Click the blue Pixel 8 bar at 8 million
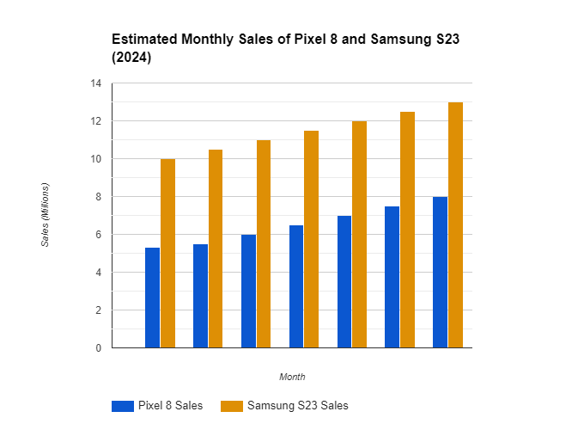[441, 272]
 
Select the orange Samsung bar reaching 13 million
[456, 224]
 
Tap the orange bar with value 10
[167, 253]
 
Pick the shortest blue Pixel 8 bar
[152, 298]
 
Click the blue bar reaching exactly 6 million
[248, 291]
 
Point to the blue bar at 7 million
[344, 281]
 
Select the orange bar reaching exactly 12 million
[360, 234]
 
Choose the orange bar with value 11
[264, 243]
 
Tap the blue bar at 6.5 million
[296, 286]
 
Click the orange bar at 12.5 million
[408, 230]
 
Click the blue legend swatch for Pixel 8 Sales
[122, 406]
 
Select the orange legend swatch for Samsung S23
[232, 406]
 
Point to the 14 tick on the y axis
[95, 83]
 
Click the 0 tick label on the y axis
[98, 348]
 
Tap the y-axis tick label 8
[98, 197]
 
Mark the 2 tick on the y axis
[98, 310]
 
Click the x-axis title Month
[292, 377]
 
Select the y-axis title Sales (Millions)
[46, 215]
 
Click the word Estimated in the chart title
[144, 40]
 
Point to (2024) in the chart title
[131, 58]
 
